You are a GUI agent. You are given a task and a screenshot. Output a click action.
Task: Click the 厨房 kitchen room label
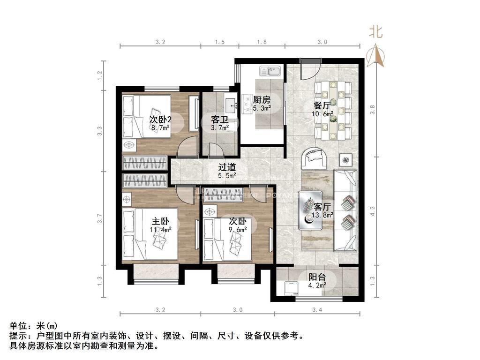[262, 100]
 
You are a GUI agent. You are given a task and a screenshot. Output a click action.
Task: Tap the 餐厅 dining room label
[322, 105]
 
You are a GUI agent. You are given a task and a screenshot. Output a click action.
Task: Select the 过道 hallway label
[227, 167]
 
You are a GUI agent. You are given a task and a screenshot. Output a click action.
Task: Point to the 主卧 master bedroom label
[160, 221]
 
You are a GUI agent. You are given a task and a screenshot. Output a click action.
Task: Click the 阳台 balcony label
[317, 277]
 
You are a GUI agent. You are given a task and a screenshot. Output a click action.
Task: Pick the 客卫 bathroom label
[219, 120]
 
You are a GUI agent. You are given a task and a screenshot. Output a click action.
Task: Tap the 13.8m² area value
[322, 215]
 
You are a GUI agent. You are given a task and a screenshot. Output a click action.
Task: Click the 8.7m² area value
[160, 127]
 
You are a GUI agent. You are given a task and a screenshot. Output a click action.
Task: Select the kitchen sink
[270, 71]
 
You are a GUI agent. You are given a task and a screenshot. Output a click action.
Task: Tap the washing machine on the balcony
[291, 288]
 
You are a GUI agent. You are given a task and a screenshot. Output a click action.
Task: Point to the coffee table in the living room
[310, 210]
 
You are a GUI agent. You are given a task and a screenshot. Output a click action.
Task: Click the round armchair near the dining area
[314, 158]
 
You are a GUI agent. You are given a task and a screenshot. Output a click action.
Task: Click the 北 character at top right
[376, 31]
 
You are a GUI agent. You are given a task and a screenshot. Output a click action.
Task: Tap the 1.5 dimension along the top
[220, 42]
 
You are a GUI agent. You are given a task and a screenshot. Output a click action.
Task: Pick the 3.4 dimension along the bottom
[317, 310]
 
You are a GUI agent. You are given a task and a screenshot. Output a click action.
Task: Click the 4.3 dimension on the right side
[372, 211]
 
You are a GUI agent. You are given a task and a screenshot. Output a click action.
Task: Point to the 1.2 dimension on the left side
[99, 75]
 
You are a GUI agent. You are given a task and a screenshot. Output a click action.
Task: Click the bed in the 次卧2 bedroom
[146, 117]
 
